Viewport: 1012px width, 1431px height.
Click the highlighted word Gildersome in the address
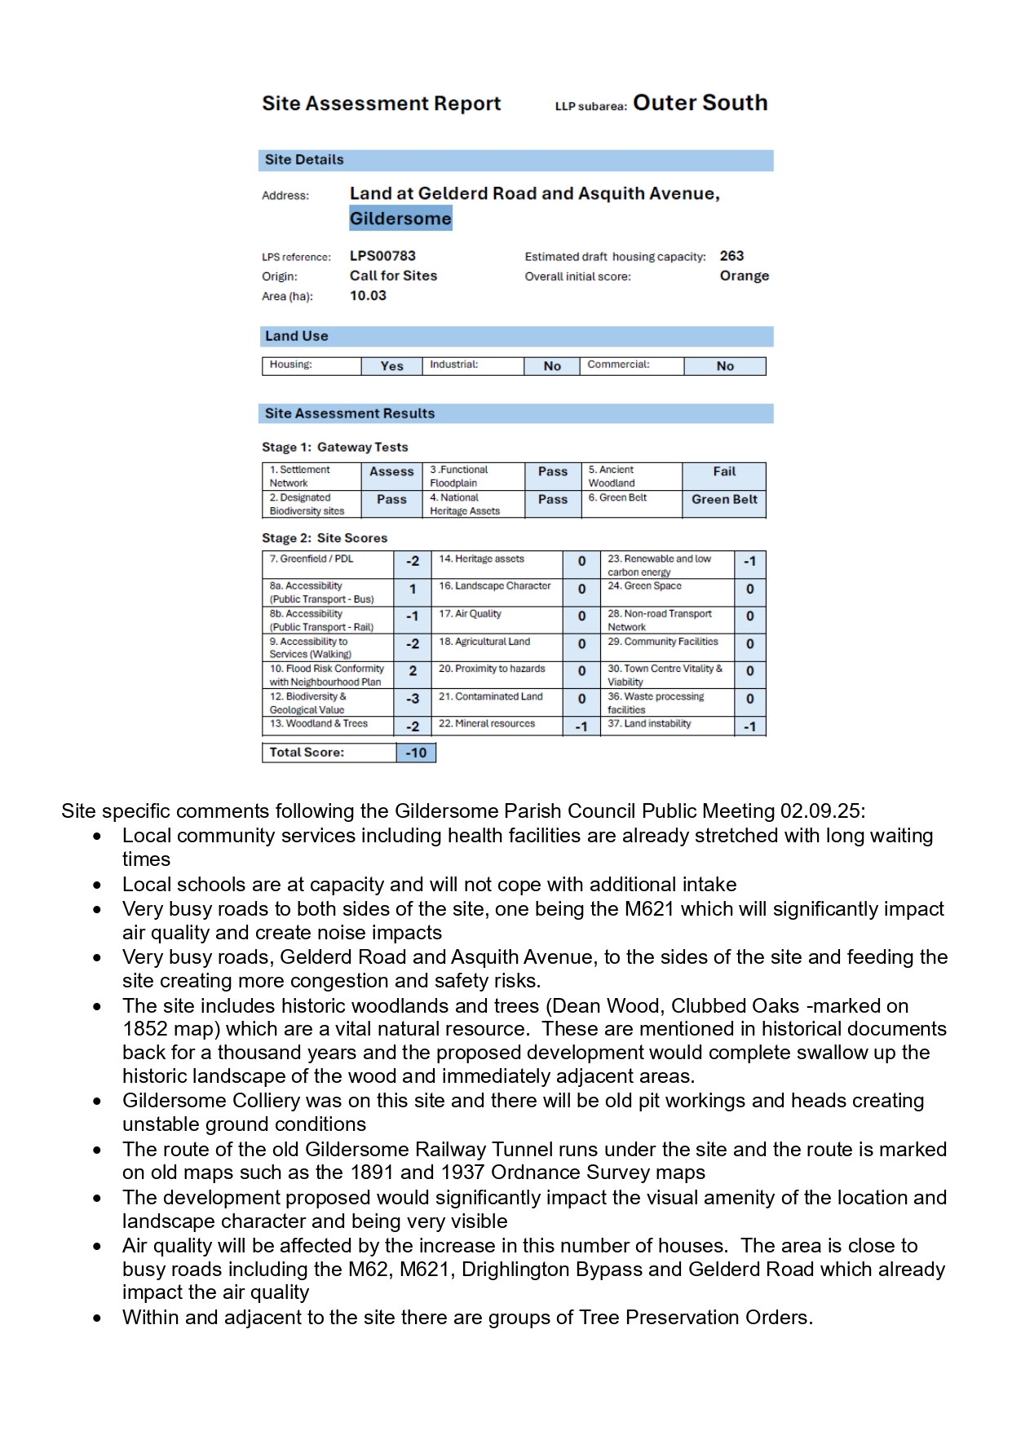pyautogui.click(x=400, y=219)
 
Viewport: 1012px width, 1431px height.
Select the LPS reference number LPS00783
pyautogui.click(x=382, y=256)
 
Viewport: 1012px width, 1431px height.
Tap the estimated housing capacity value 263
pyautogui.click(x=731, y=256)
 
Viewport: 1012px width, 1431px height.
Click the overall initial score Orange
pyautogui.click(x=744, y=276)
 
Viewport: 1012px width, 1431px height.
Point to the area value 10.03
pyautogui.click(x=368, y=296)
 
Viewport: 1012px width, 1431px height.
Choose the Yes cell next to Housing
pyautogui.click(x=391, y=366)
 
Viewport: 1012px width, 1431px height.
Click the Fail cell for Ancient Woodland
pyautogui.click(x=724, y=472)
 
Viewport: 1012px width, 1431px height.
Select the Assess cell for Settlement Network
pyautogui.click(x=391, y=472)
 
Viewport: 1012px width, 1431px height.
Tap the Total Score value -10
pyautogui.click(x=416, y=753)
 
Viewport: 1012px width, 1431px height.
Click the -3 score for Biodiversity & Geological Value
pyautogui.click(x=413, y=699)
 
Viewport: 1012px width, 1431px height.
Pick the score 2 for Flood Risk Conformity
pyautogui.click(x=413, y=671)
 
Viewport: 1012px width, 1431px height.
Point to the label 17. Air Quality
pyautogui.click(x=470, y=614)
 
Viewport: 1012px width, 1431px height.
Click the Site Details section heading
pyautogui.click(x=304, y=160)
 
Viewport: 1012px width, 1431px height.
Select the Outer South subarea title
pyautogui.click(x=700, y=103)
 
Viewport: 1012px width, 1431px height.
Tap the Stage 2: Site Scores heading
pyautogui.click(x=325, y=538)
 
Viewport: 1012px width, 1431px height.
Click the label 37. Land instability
pyautogui.click(x=649, y=724)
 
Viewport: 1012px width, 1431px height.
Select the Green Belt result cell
pyautogui.click(x=724, y=500)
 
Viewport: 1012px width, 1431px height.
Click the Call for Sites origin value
pyautogui.click(x=393, y=276)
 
